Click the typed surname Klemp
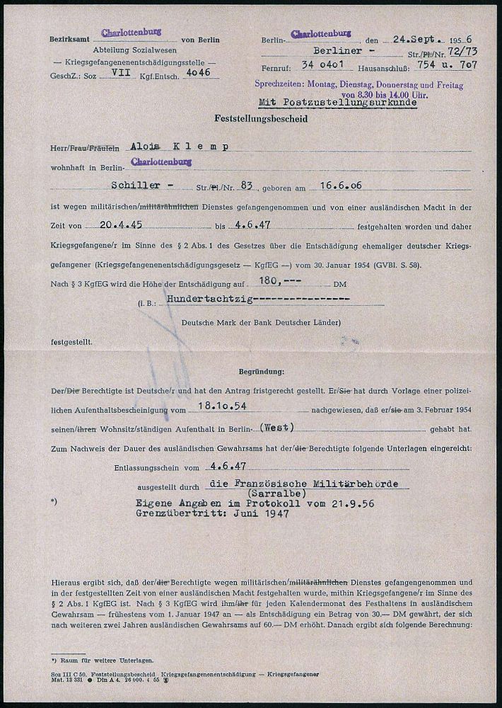point(205,146)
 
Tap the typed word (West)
point(276,428)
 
